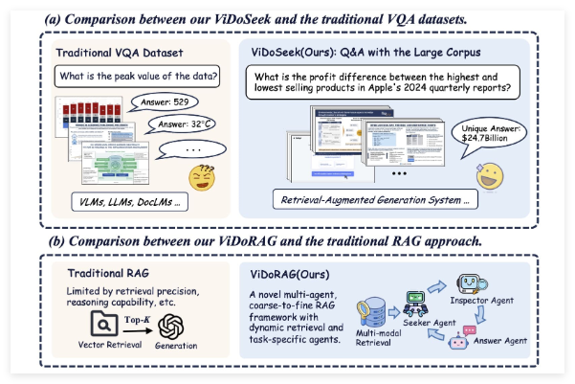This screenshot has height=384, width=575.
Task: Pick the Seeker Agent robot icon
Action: (x=417, y=304)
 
